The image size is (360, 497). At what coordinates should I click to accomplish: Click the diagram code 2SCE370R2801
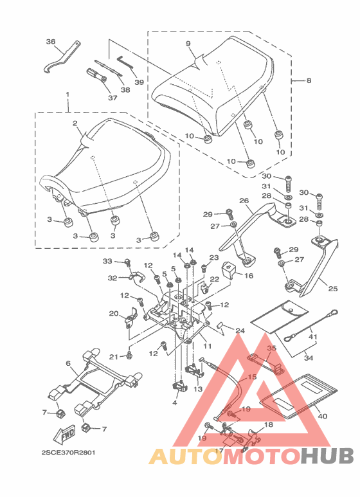pos(68,453)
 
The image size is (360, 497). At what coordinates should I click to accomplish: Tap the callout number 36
pos(51,42)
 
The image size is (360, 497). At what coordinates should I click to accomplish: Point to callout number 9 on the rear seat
pos(188,44)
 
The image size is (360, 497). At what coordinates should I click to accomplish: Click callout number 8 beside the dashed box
pos(309,80)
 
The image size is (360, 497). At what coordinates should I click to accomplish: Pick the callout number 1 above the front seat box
pos(67,95)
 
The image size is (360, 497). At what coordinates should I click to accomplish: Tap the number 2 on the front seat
pos(75,123)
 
